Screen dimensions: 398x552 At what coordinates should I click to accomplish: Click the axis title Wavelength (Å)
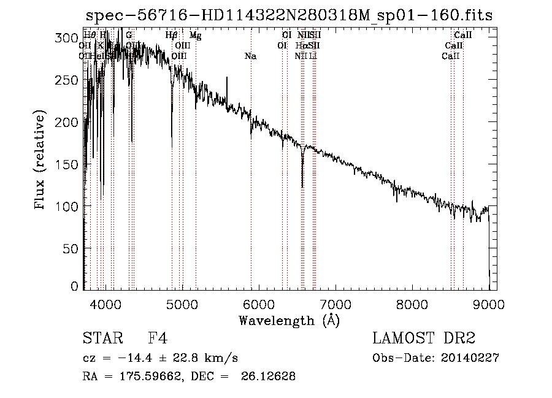289,320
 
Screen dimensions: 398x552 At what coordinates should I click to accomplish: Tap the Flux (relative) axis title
40,161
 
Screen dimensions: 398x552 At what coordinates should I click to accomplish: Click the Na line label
250,56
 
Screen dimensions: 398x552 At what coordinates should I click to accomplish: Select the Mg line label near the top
195,36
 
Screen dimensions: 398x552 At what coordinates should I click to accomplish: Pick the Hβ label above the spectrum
172,36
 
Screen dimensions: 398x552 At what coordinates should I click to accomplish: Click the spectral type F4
158,339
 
